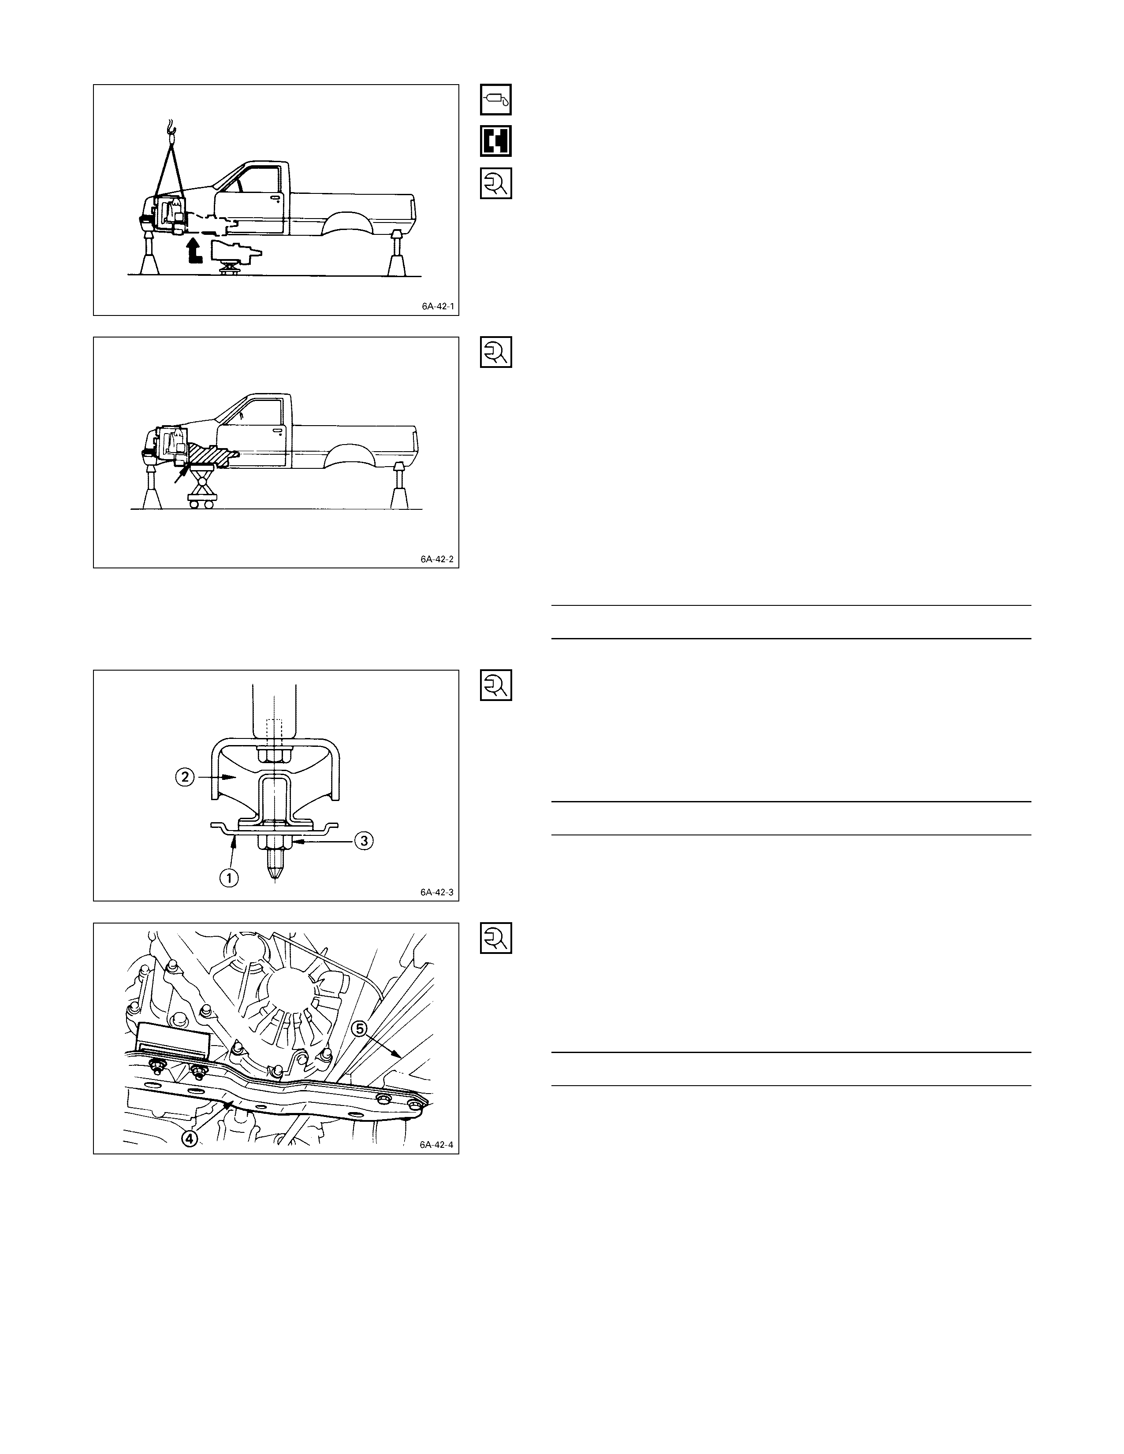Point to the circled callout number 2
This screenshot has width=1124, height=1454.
(x=185, y=777)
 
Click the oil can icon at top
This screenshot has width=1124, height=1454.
(x=496, y=100)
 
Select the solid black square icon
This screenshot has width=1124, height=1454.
(x=496, y=141)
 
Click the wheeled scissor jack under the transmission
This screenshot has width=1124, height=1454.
(x=203, y=486)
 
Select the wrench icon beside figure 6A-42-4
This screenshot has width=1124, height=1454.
(x=496, y=938)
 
